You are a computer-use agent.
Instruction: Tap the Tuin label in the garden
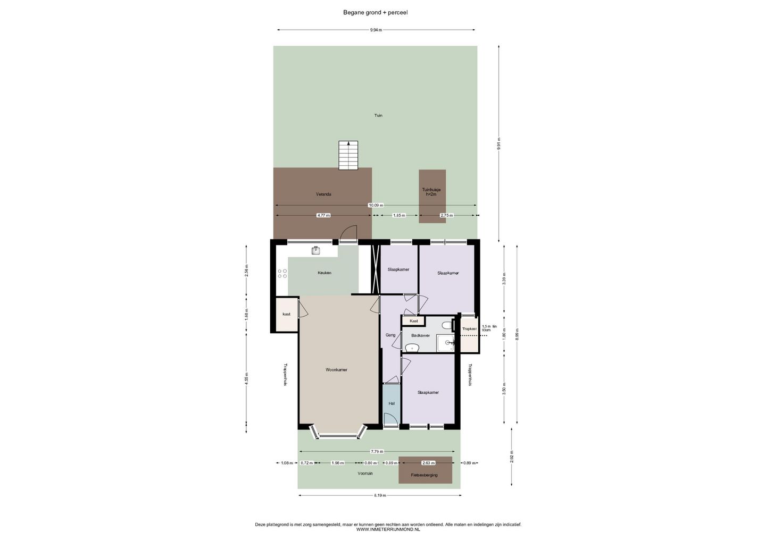[378, 115]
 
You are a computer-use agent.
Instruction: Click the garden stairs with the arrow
[348, 155]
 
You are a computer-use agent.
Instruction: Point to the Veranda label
[323, 195]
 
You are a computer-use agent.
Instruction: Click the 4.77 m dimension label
[323, 215]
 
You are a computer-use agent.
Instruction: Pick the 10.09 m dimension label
[376, 205]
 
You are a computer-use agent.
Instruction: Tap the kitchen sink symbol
[315, 250]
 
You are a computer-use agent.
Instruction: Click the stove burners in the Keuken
[282, 273]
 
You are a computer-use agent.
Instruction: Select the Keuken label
[324, 273]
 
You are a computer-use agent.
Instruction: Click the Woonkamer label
[336, 369]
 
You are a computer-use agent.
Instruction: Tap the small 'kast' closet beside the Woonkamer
[286, 314]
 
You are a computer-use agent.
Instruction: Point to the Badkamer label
[420, 335]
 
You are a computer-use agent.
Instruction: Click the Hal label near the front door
[392, 403]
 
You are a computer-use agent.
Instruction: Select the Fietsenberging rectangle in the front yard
[425, 470]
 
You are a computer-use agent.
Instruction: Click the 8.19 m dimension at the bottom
[379, 495]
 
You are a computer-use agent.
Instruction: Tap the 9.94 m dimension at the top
[376, 30]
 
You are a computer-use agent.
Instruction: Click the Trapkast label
[470, 329]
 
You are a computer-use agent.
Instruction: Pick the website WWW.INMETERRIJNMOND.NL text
[388, 529]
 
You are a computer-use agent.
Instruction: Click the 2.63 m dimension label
[428, 463]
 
